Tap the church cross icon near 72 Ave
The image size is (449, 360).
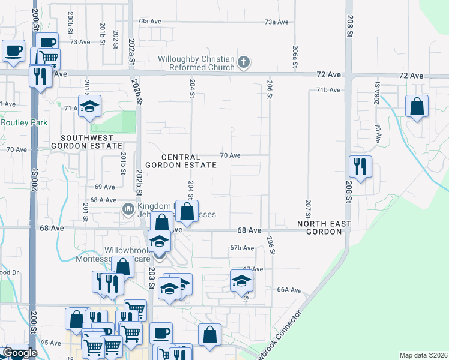pyautogui.click(x=243, y=61)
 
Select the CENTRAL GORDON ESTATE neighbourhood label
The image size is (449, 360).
pyautogui.click(x=180, y=160)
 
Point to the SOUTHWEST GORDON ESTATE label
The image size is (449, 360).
pyautogui.click(x=86, y=142)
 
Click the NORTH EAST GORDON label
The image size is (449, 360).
pyautogui.click(x=324, y=228)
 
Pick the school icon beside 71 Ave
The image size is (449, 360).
pyautogui.click(x=89, y=106)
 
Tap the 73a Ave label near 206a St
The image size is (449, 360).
pyautogui.click(x=277, y=22)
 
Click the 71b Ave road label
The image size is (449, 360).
pyautogui.click(x=328, y=90)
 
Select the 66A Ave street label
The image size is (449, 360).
pyautogui.click(x=288, y=290)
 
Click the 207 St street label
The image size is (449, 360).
pyautogui.click(x=308, y=208)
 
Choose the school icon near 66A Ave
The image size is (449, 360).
pyautogui.click(x=241, y=280)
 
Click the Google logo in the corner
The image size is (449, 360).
pyautogui.click(x=20, y=353)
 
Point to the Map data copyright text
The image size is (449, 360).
pyautogui.click(x=423, y=355)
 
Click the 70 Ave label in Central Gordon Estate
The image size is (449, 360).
pyautogui.click(x=230, y=155)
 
